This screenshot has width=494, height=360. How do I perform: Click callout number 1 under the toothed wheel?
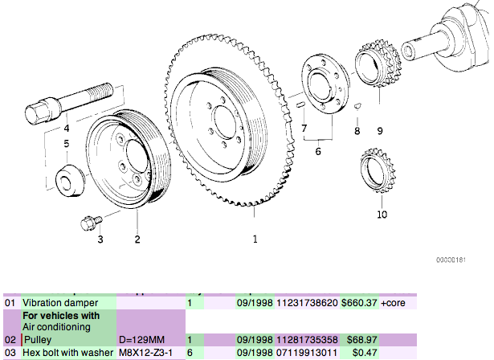[x=255, y=239]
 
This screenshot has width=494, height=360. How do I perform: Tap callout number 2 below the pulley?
[x=137, y=239]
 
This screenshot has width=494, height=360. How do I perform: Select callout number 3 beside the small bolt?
[x=100, y=239]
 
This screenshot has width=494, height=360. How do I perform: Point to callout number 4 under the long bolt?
[x=67, y=129]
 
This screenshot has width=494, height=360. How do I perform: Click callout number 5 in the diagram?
[x=67, y=144]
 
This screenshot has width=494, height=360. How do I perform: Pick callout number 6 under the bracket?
[x=317, y=150]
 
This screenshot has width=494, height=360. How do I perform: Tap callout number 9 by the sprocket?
[x=379, y=130]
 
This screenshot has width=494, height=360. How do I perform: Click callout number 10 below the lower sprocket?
[x=382, y=215]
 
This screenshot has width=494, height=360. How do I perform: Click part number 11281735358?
[x=307, y=341]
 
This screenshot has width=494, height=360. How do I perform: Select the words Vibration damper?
[x=55, y=304]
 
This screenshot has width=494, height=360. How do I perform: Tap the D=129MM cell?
[x=140, y=341]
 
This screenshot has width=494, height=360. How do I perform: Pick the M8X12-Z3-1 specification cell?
[x=145, y=353]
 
